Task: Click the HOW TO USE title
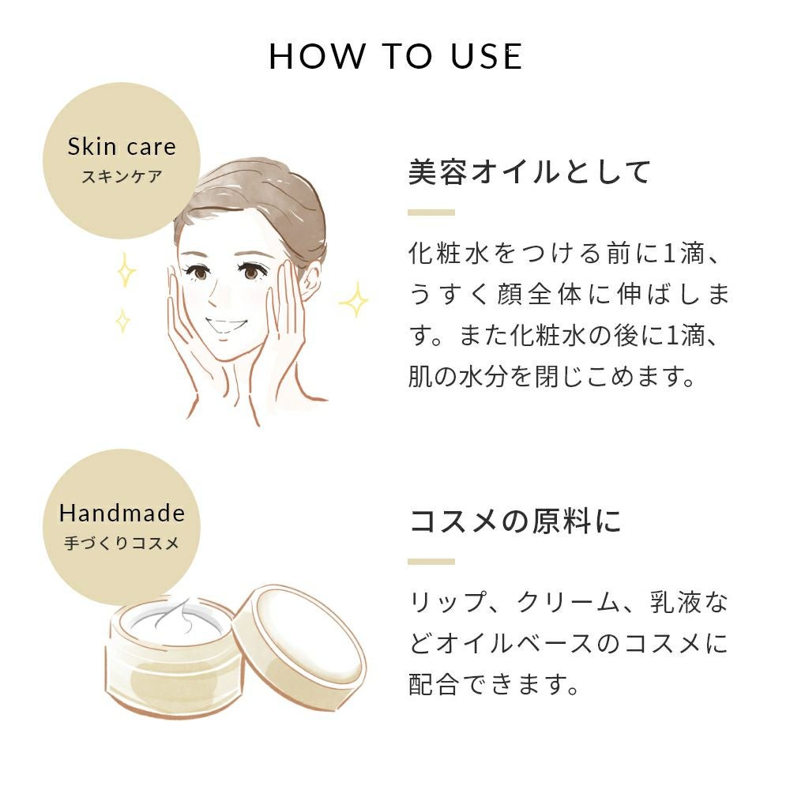click(x=396, y=56)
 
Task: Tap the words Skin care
click(x=122, y=147)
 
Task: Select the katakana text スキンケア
click(x=122, y=177)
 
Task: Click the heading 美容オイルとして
click(x=529, y=171)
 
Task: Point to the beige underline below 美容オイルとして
click(x=431, y=213)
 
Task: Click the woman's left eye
click(x=250, y=273)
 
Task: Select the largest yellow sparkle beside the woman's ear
click(x=354, y=300)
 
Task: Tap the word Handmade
click(x=122, y=513)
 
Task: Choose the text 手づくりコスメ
click(x=122, y=544)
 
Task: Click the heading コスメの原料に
click(x=515, y=521)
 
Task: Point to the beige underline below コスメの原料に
click(x=431, y=562)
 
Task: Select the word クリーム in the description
click(x=568, y=602)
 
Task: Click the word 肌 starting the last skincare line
click(x=420, y=376)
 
